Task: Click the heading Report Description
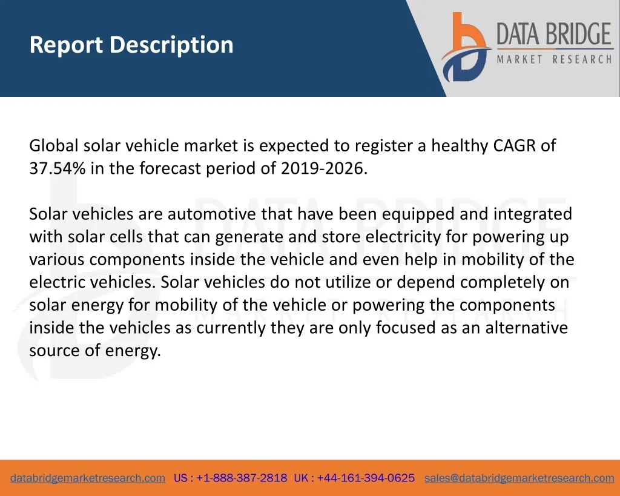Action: [x=131, y=45]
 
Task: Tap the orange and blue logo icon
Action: [x=466, y=47]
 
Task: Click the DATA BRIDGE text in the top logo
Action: [x=554, y=34]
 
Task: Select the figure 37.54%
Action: [x=58, y=168]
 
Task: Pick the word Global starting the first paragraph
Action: [x=54, y=145]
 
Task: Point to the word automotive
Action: [x=212, y=214]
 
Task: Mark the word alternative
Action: [x=527, y=328]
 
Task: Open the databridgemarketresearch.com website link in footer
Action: [x=88, y=478]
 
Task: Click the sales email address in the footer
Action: [x=519, y=478]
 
